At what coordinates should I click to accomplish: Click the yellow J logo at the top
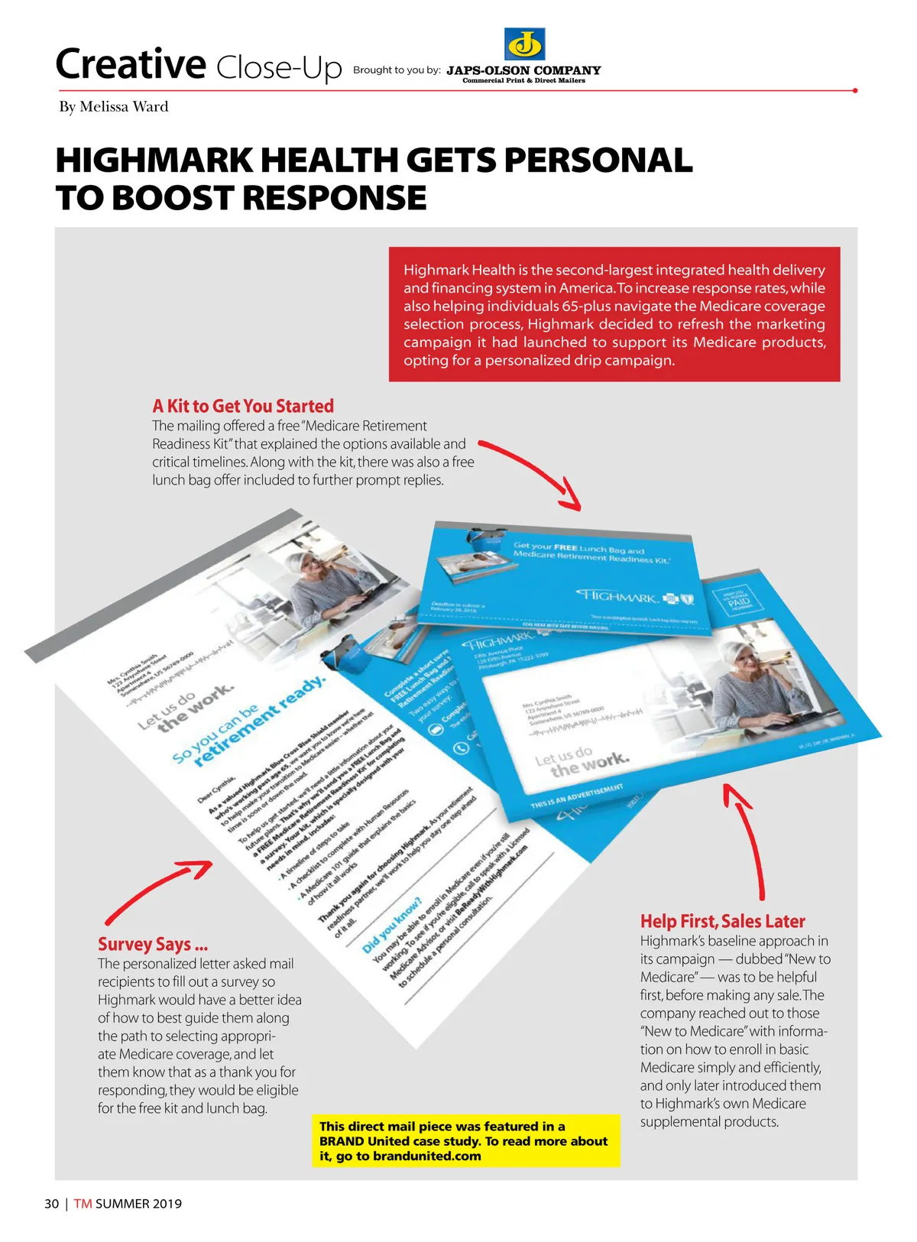(524, 44)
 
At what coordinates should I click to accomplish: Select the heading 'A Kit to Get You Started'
(243, 406)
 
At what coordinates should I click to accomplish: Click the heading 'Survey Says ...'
(153, 944)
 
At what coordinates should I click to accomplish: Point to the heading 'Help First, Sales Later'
(722, 921)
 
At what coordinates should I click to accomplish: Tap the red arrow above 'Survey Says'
(160, 890)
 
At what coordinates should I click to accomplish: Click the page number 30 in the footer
(51, 1204)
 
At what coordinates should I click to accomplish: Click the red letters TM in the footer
(83, 1204)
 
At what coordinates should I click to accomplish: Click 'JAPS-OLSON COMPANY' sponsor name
(523, 70)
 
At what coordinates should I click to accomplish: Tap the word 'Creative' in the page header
(131, 64)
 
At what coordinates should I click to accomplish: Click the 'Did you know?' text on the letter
(392, 925)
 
